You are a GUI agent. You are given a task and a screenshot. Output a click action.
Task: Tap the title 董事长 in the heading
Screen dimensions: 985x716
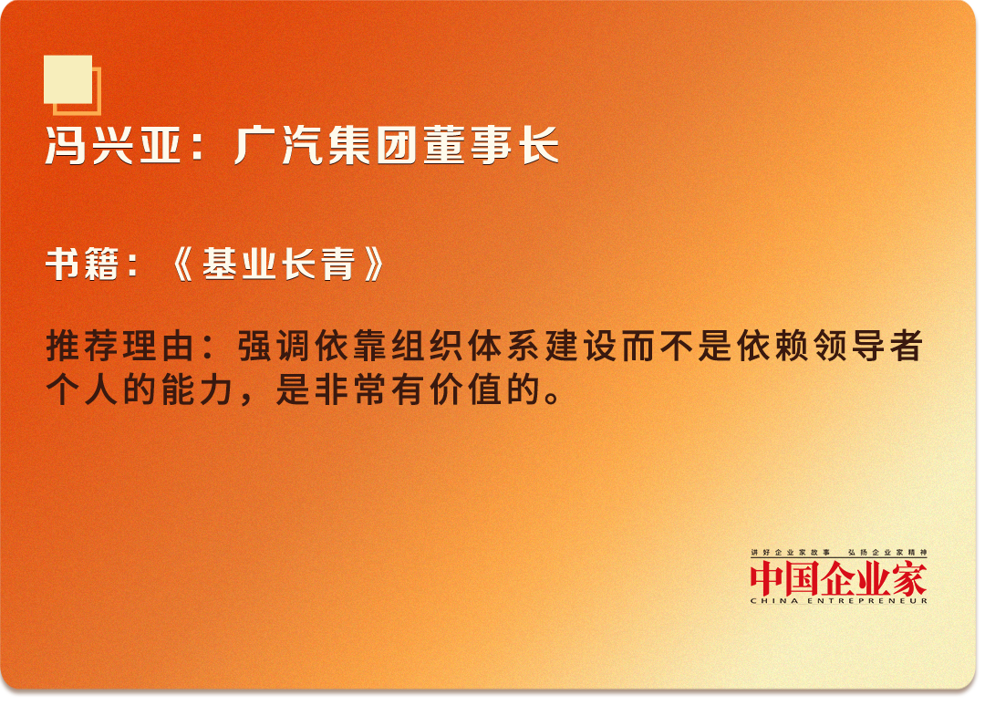click(492, 146)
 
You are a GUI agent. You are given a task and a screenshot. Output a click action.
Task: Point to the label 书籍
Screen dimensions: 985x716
click(82, 264)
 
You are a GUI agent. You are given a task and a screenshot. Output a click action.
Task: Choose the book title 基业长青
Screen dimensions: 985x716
click(278, 264)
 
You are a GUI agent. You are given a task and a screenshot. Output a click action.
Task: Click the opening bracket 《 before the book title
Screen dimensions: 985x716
click(182, 264)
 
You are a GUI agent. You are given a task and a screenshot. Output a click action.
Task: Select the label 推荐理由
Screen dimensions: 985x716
click(120, 346)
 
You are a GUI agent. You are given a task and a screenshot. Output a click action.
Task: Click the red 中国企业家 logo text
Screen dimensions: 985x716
click(839, 579)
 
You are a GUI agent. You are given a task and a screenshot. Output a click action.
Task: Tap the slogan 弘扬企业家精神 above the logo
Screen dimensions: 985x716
click(887, 553)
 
